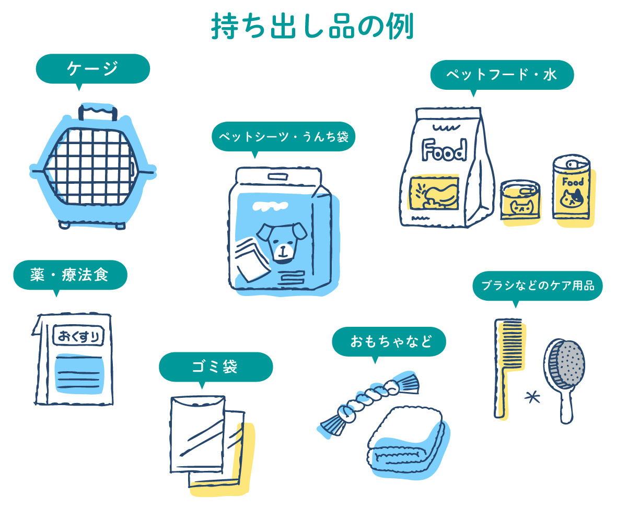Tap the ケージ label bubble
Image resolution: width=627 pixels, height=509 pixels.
(92, 68)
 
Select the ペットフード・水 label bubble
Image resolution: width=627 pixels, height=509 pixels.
(502, 75)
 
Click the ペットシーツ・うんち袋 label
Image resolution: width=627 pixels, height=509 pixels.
(283, 137)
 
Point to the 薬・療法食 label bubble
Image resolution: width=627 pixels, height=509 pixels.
(70, 275)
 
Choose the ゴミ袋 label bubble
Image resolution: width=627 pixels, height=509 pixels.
(215, 366)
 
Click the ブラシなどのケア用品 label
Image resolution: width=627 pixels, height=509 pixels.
(537, 286)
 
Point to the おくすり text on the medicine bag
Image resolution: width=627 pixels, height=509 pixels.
(79, 336)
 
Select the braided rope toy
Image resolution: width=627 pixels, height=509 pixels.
(366, 402)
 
